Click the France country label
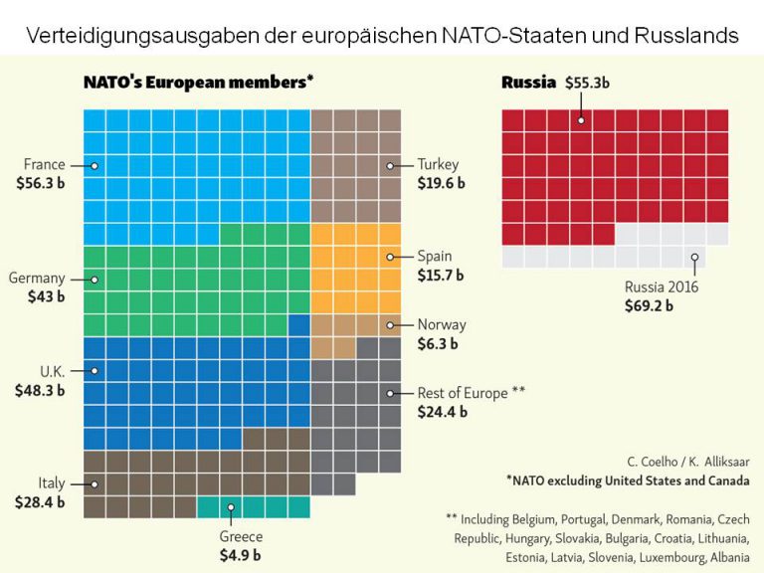pyautogui.click(x=45, y=165)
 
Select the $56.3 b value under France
pyautogui.click(x=41, y=184)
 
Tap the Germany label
pyautogui.click(x=37, y=279)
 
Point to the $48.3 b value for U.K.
pyautogui.click(x=41, y=390)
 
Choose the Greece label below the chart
pyautogui.click(x=241, y=536)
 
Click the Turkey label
pyautogui.click(x=438, y=164)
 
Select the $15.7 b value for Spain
pyautogui.click(x=441, y=275)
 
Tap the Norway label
pyautogui.click(x=442, y=324)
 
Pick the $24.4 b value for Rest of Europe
pyautogui.click(x=441, y=412)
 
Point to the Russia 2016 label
pyautogui.click(x=662, y=287)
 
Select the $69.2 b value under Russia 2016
pyautogui.click(x=649, y=306)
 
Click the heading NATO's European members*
pyautogui.click(x=198, y=83)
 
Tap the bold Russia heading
pyautogui.click(x=528, y=83)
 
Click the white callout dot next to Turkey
pyautogui.click(x=392, y=165)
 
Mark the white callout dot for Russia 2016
pyautogui.click(x=694, y=258)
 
